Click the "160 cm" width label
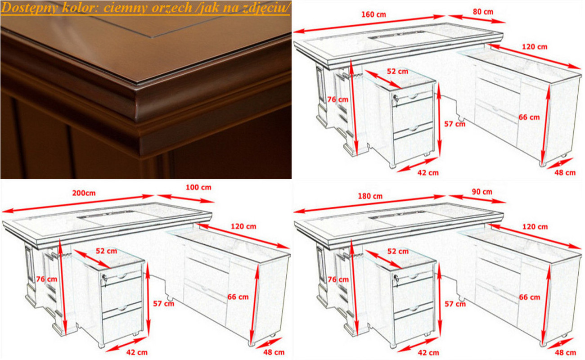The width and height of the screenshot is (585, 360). [x=373, y=15]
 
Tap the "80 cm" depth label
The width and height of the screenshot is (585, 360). [x=483, y=12]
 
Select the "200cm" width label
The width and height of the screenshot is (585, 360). [x=84, y=193]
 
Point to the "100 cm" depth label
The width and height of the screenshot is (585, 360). [x=198, y=187]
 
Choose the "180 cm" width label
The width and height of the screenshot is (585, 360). [x=370, y=196]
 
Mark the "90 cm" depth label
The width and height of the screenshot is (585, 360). [x=482, y=192]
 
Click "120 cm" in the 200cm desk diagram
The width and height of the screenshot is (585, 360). [x=243, y=226]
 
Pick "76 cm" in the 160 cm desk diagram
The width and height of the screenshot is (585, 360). [x=337, y=99]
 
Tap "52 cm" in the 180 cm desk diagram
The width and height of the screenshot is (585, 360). [x=398, y=251]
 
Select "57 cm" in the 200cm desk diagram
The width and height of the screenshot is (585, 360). [x=163, y=304]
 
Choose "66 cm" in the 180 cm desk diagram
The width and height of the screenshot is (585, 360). [x=529, y=297]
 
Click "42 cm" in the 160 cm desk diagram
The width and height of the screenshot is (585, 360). [x=428, y=173]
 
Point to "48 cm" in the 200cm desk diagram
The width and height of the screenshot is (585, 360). [x=274, y=352]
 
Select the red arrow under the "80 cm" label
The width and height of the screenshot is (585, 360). [x=477, y=19]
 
